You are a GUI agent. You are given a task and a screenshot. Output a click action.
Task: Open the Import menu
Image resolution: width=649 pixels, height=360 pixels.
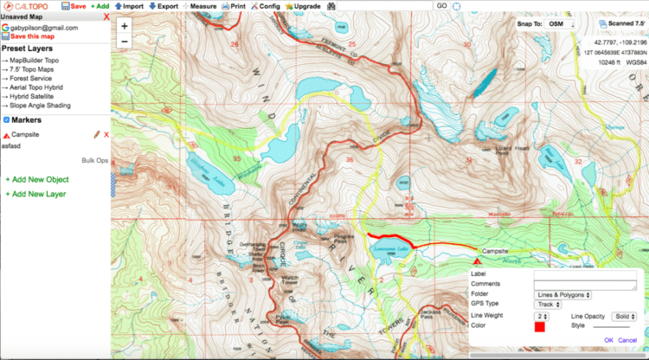(x=129, y=6)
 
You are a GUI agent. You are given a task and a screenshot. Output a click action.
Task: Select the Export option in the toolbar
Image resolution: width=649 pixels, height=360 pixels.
(x=164, y=6)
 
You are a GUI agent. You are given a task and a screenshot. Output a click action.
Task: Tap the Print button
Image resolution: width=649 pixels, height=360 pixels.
(x=233, y=6)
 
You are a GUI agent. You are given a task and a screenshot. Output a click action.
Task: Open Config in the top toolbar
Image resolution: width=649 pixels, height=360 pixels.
(x=266, y=6)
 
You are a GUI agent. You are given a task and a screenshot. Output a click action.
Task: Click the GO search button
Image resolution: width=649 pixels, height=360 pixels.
(x=440, y=6)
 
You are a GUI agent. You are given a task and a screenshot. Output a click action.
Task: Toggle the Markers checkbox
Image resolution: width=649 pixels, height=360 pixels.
(x=7, y=119)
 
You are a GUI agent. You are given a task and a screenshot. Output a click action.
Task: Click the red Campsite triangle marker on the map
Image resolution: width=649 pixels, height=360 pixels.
(x=477, y=259)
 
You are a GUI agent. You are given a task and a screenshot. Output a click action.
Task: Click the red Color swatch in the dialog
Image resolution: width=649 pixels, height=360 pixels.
(x=539, y=327)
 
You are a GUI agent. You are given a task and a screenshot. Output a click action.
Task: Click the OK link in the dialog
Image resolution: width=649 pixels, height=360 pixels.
(x=608, y=339)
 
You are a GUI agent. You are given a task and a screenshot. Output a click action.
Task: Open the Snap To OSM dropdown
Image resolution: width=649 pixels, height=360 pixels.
(x=560, y=24)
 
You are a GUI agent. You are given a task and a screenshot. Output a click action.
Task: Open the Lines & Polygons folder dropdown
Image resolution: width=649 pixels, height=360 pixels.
(x=562, y=294)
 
